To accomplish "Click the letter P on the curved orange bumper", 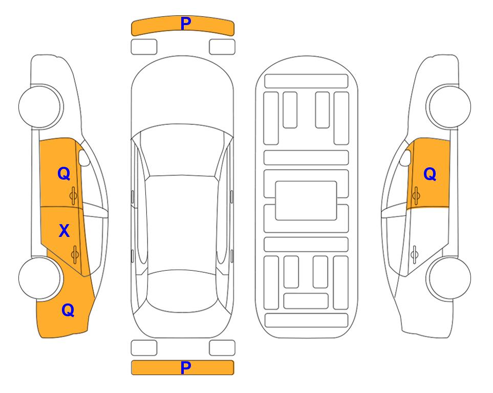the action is coord(185,24).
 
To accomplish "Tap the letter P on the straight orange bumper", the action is coord(185,367).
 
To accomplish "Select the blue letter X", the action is coord(64,230).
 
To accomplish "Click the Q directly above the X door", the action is coord(64,173).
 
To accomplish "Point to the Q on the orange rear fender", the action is coord(68,310).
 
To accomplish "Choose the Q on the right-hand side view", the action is coord(430,174).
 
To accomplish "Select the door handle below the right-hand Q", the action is coord(416,196).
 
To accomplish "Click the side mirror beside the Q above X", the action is coord(83,158).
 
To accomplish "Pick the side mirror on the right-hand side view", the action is coord(406,158).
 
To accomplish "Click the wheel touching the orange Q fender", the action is coord(40,278).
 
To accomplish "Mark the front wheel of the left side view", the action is coord(40,106).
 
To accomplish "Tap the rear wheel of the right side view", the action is coord(448,278).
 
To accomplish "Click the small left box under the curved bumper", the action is coord(144,47).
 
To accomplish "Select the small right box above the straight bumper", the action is coord(222,348).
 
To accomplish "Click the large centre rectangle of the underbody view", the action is coord(306,201).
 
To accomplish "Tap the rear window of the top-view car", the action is coord(182,291).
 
